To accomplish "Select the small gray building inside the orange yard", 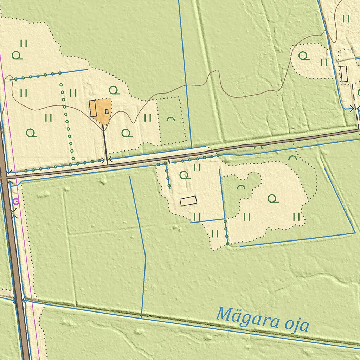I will pos(107,111).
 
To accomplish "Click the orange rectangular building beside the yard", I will pos(93,108).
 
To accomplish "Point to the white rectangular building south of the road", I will pos(188,201).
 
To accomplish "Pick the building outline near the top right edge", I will pos(344,74).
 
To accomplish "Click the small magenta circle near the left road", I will pos(16,201).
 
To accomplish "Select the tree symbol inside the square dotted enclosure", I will pos(171,119).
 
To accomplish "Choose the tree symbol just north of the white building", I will pos(184,175).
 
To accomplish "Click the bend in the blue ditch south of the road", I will pos(146,257).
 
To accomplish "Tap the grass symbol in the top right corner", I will pos(346,18).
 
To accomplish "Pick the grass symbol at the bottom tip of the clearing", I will pos(215,233).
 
